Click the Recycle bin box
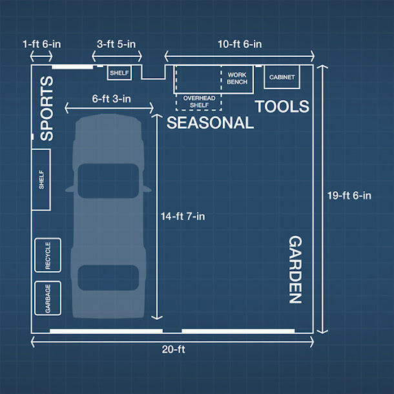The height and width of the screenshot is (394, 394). (x=48, y=255)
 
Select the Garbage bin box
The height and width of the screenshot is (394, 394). (x=48, y=298)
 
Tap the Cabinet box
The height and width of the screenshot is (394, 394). (x=282, y=77)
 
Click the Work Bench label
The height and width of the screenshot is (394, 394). (x=237, y=78)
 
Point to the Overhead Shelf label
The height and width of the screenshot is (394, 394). (x=199, y=101)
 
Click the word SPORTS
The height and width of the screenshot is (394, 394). (x=47, y=109)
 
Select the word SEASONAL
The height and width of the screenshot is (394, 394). (x=210, y=123)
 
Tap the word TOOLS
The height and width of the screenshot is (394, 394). (x=282, y=107)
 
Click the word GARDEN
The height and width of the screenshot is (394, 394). (x=295, y=269)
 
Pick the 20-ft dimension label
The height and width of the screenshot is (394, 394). (x=173, y=349)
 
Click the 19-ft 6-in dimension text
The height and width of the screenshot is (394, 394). (x=349, y=196)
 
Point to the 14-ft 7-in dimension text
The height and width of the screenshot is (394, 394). (x=183, y=216)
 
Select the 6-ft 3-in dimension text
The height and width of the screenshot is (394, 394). (x=111, y=99)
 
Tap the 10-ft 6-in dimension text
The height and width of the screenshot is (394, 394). (x=240, y=44)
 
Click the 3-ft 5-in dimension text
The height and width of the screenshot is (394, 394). (x=116, y=44)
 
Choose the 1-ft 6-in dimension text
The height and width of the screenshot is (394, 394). (x=42, y=44)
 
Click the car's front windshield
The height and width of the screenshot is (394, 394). (x=109, y=181)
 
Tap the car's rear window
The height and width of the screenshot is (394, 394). (x=109, y=278)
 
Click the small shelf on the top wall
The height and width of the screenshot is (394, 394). (x=119, y=73)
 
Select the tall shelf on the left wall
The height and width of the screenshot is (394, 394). (x=41, y=180)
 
